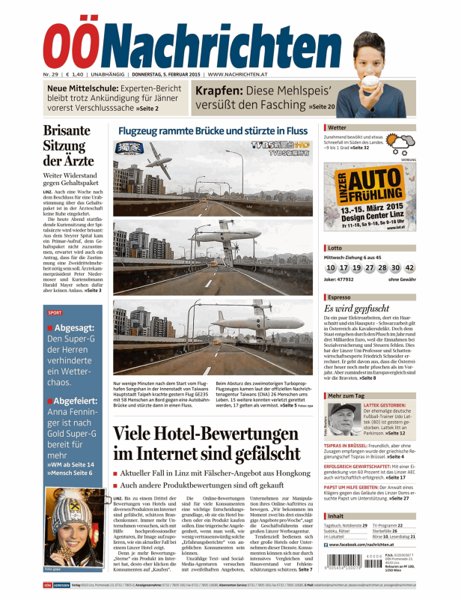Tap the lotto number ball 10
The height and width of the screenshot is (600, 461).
point(331,267)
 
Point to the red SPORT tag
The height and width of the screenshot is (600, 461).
point(55,312)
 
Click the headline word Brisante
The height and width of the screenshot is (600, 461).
point(67,131)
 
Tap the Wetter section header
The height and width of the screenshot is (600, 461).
point(338,128)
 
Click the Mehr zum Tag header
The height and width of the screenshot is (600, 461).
point(346,395)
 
